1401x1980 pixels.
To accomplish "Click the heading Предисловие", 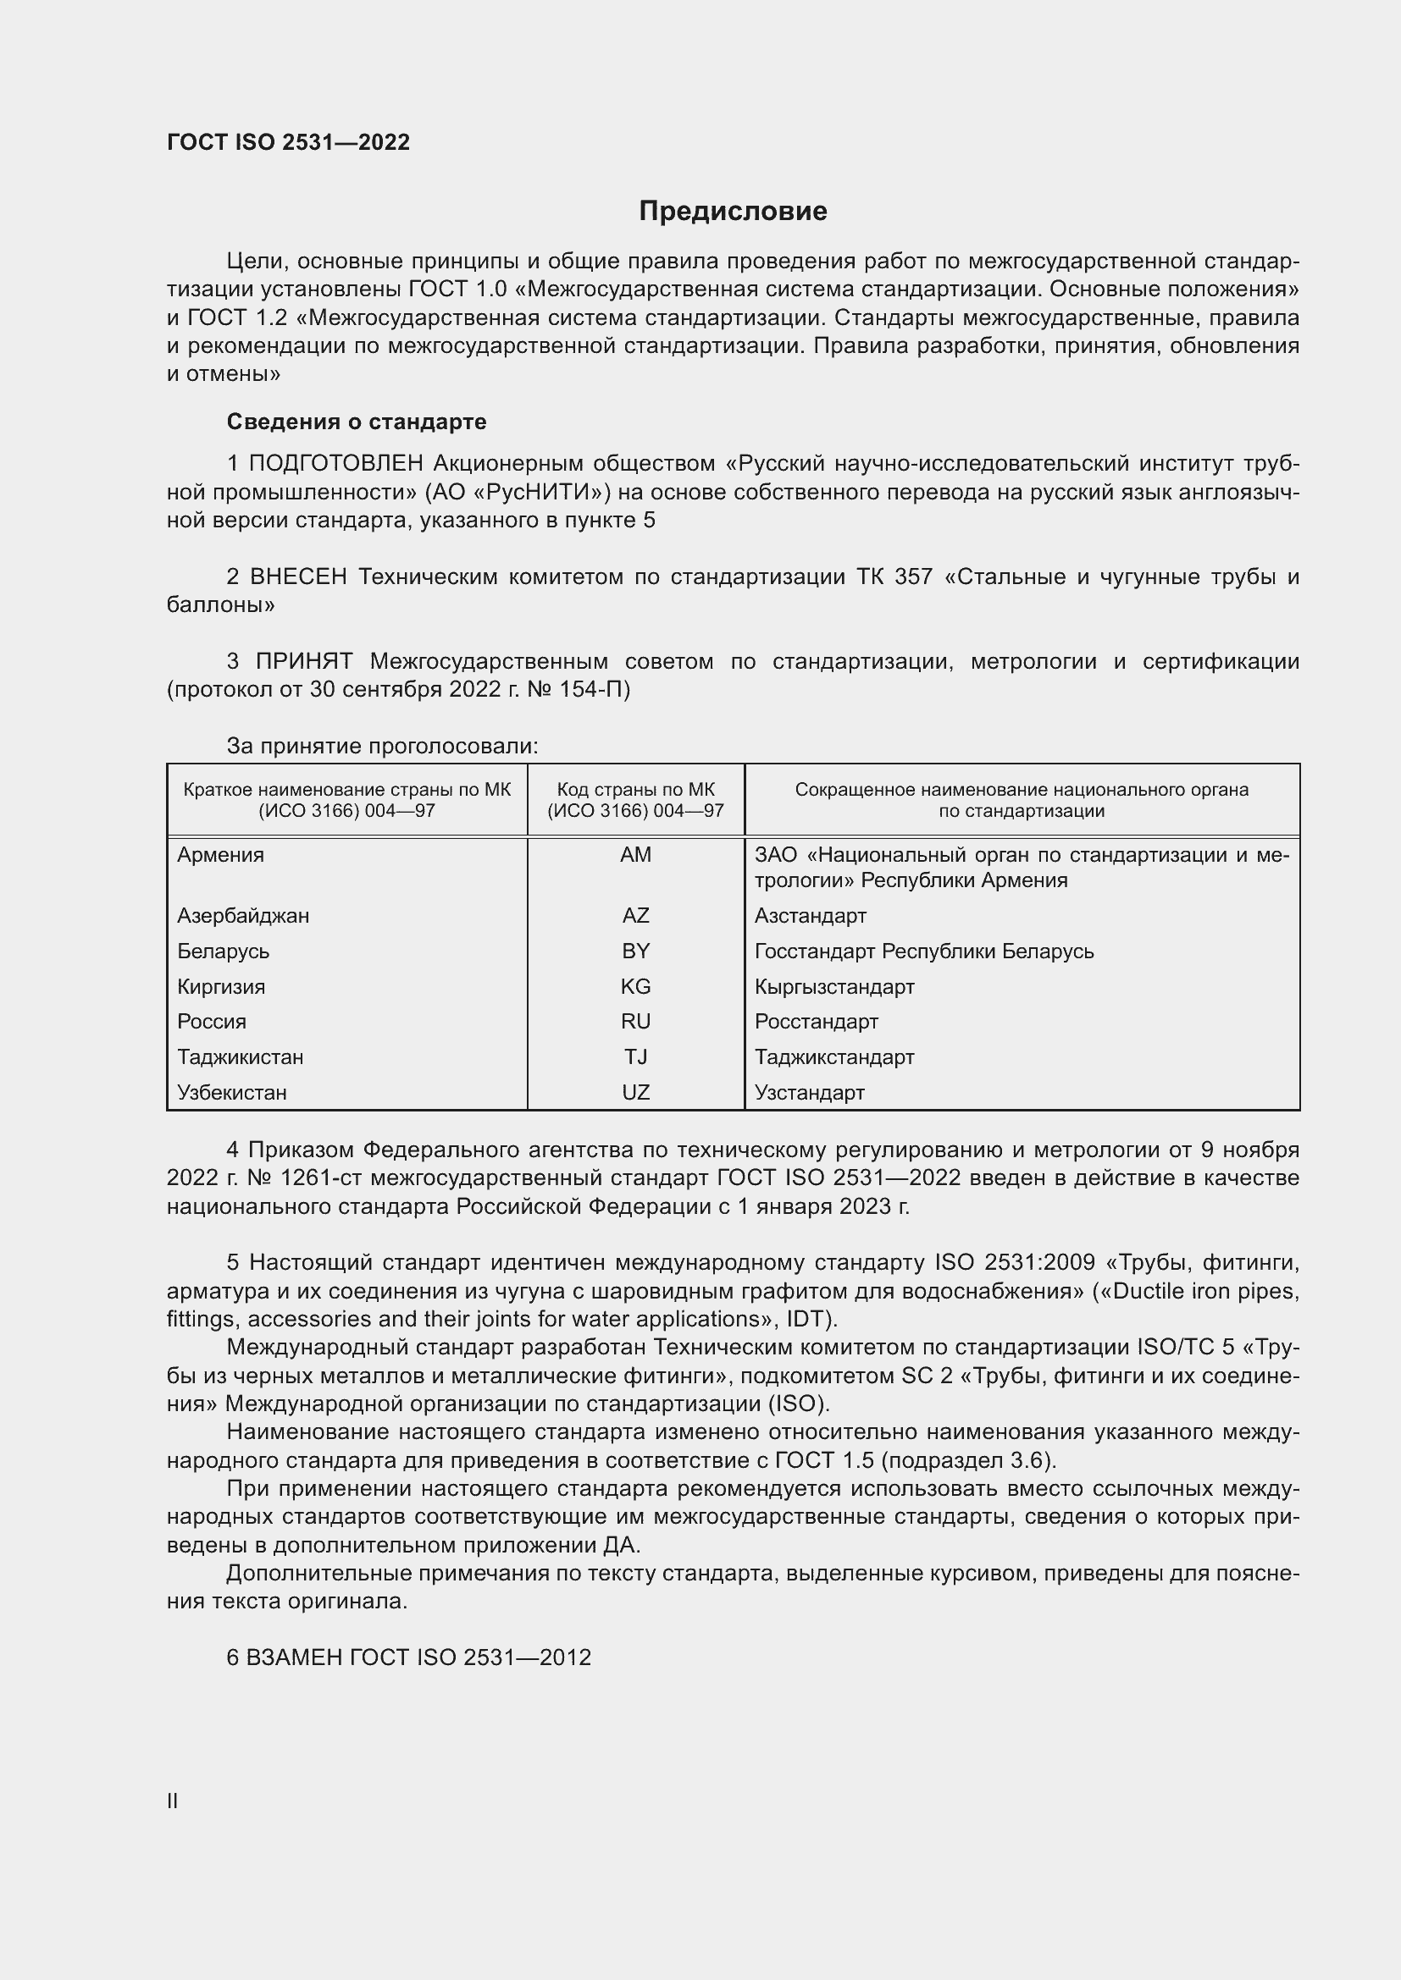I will pyautogui.click(x=733, y=212).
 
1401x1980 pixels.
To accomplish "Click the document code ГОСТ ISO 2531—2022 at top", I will pyautogui.click(x=288, y=142).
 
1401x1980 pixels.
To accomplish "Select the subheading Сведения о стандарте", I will pyautogui.click(x=357, y=422).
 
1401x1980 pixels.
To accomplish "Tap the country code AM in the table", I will pyautogui.click(x=636, y=855).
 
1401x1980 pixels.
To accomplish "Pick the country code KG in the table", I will pyautogui.click(x=636, y=985).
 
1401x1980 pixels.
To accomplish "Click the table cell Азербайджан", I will pyautogui.click(x=243, y=915).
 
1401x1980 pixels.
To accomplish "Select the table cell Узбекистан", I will pyautogui.click(x=232, y=1092).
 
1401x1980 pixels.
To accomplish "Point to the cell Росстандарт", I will pyautogui.click(x=816, y=1021).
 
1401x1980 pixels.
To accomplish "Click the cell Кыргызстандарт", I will pyautogui.click(x=834, y=985).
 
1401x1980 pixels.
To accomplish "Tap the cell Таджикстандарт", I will pyautogui.click(x=834, y=1056).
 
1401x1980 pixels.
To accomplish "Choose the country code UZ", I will pyautogui.click(x=636, y=1092).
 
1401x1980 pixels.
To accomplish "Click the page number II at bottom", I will pyautogui.click(x=173, y=1801).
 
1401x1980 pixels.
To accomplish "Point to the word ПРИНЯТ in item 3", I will pyautogui.click(x=304, y=661).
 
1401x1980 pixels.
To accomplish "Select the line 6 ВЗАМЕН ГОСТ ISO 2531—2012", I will pyautogui.click(x=409, y=1657).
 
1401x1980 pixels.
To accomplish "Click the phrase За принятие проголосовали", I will pyautogui.click(x=382, y=746).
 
